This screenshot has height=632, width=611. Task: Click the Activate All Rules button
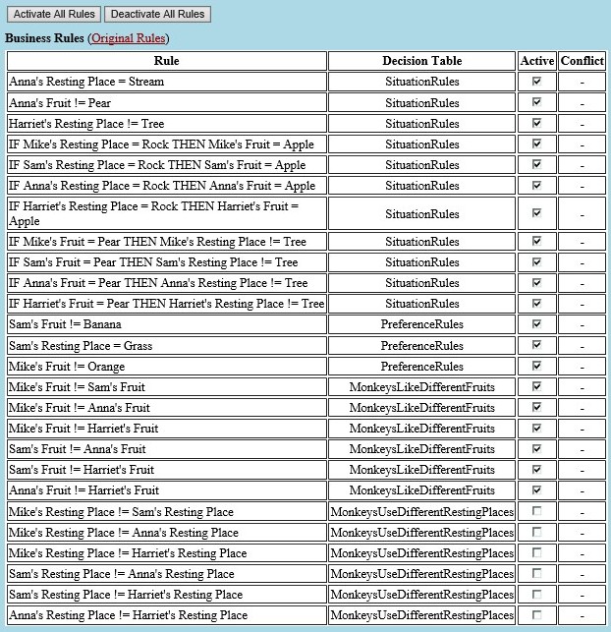click(54, 14)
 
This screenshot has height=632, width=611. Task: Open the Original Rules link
click(128, 38)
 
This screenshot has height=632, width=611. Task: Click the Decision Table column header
click(421, 61)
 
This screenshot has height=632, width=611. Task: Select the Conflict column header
click(582, 61)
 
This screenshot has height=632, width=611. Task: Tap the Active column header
click(536, 61)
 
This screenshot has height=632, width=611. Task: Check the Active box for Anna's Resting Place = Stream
click(536, 83)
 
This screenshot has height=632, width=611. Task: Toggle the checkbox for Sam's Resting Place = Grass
click(536, 346)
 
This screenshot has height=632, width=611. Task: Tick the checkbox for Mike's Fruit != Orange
click(536, 367)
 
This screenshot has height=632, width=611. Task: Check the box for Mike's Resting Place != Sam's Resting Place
click(536, 511)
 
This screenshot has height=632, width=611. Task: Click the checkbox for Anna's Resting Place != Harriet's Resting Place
click(536, 614)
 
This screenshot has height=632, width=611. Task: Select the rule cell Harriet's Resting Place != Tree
click(86, 124)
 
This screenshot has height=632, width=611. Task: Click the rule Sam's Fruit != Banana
click(63, 325)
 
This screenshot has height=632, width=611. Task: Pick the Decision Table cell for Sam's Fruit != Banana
click(421, 325)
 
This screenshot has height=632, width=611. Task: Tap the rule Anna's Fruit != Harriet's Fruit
click(83, 490)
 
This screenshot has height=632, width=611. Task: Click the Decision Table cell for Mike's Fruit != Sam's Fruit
click(421, 387)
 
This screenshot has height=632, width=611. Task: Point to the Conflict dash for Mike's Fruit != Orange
click(582, 367)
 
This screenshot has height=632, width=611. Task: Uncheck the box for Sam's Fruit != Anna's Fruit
click(536, 449)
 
